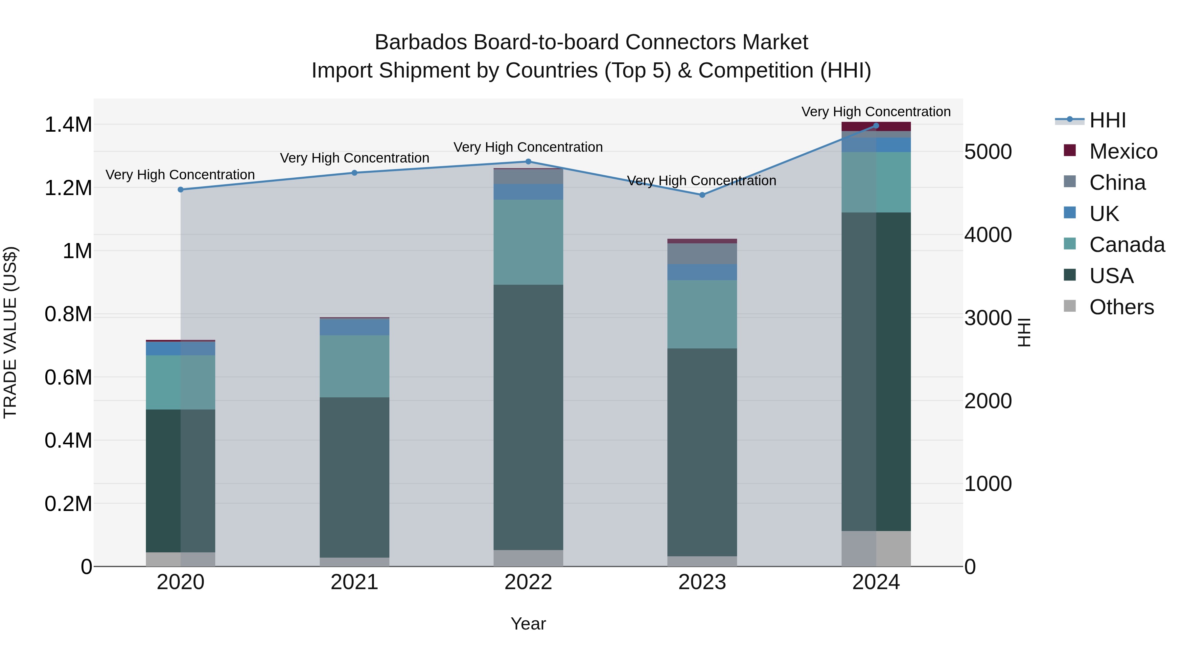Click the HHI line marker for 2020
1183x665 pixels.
180,189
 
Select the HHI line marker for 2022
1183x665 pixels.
528,162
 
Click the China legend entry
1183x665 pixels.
1117,183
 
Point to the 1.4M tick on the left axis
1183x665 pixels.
68,125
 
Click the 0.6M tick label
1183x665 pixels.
68,378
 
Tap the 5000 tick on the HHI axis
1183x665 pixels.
988,152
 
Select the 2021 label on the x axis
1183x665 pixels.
354,582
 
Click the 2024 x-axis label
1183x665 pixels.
876,582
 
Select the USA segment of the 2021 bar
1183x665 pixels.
354,477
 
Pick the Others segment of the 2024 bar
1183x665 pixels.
876,548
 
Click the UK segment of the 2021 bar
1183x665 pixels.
354,327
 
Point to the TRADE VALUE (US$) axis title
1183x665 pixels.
10,332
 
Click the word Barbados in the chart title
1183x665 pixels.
421,42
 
